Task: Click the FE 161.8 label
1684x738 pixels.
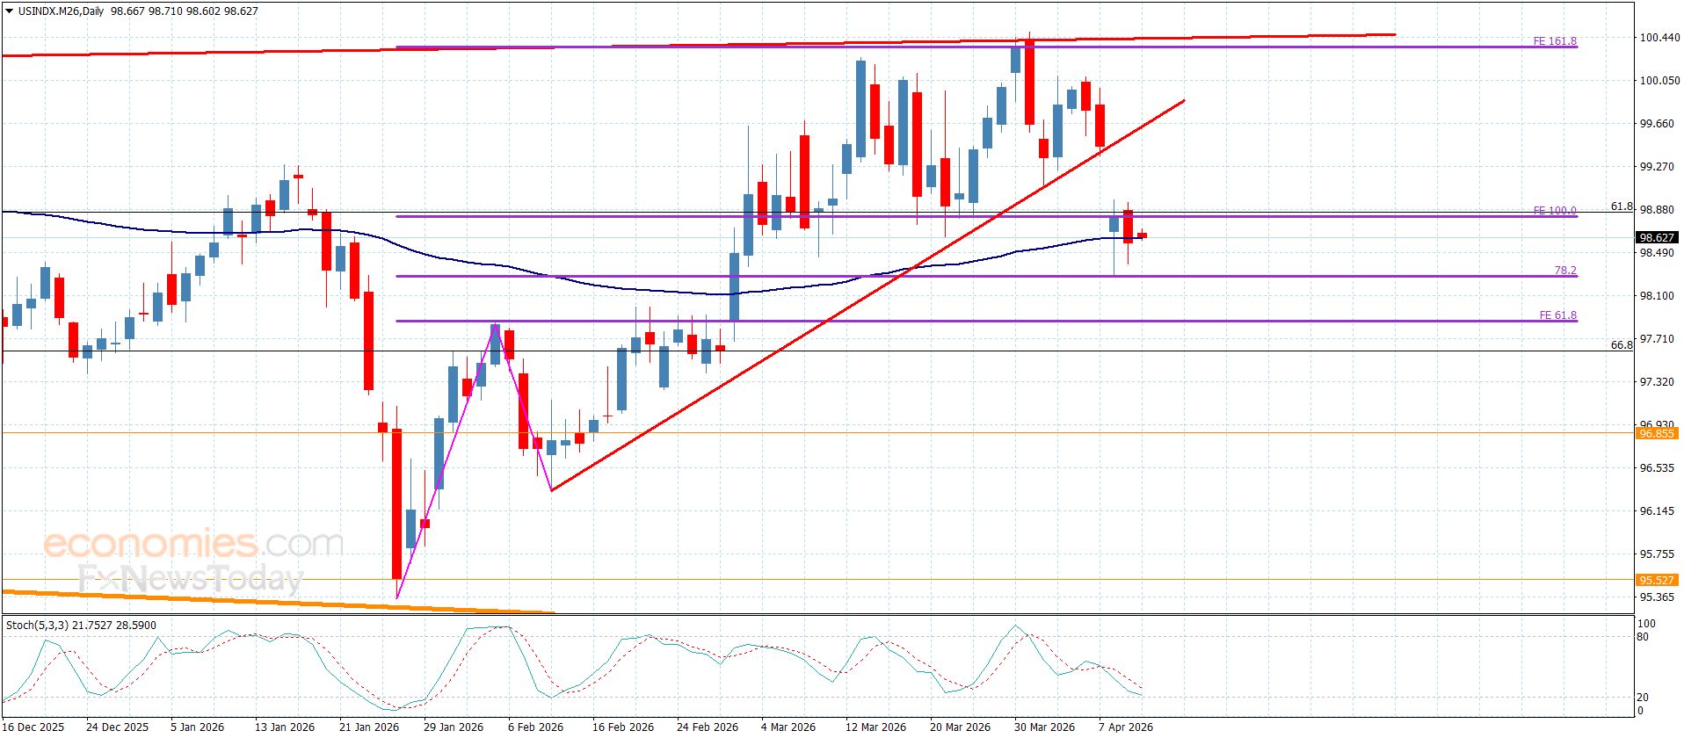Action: [x=1554, y=41]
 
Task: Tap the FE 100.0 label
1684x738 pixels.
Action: [x=1554, y=211]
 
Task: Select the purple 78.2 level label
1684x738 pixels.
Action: [x=1564, y=271]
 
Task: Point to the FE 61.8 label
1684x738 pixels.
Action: [x=1557, y=315]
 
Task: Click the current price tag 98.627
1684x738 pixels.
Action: [x=1657, y=238]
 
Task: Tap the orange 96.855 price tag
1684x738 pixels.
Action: [x=1657, y=433]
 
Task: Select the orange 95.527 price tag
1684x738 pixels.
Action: [x=1657, y=580]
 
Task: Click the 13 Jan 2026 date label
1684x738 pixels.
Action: [x=284, y=727]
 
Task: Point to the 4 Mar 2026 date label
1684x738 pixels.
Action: [x=788, y=727]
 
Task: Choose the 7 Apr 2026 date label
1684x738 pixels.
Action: [x=1126, y=727]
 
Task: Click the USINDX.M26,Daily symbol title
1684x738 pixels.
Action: [x=58, y=11]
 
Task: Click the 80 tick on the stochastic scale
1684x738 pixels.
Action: [x=1643, y=638]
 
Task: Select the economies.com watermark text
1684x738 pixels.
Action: [x=193, y=545]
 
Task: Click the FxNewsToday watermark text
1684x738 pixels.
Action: [x=191, y=579]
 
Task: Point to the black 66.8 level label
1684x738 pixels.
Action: [x=1621, y=345]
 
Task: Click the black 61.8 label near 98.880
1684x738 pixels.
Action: [x=1621, y=206]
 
